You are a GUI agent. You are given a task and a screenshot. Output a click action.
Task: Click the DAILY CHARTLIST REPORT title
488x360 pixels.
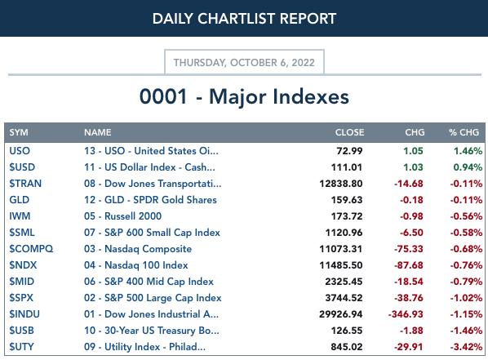point(244,19)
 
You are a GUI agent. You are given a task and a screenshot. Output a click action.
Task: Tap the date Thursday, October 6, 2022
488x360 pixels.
point(244,63)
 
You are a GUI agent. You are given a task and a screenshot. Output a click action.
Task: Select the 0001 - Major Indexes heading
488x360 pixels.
point(244,96)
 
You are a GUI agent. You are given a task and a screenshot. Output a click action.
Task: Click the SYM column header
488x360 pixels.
point(19,132)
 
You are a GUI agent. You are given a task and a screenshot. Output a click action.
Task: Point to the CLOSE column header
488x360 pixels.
point(349,132)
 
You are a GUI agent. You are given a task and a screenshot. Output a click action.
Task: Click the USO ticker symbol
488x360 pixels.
point(20,151)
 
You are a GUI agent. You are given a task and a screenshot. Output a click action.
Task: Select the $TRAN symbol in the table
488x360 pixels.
point(25,184)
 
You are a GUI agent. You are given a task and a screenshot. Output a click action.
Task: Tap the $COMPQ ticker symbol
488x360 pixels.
point(31,249)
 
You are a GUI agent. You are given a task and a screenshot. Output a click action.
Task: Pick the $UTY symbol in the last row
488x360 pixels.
point(21,347)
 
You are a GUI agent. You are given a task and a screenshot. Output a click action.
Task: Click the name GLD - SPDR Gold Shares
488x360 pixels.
point(150,200)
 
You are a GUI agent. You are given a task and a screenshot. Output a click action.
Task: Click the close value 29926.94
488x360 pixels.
point(341,314)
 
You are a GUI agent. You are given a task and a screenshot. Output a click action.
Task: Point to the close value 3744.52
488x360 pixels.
point(344,298)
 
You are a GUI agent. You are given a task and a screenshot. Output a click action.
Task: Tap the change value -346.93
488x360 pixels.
point(406,314)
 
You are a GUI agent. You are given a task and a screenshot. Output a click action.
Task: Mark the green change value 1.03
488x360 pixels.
point(413,167)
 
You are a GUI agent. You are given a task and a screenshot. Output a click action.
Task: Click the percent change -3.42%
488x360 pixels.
point(466,347)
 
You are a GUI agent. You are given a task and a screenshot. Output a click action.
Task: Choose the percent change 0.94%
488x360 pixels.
point(468,167)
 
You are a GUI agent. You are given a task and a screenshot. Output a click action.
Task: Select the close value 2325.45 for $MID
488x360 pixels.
point(344,282)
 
